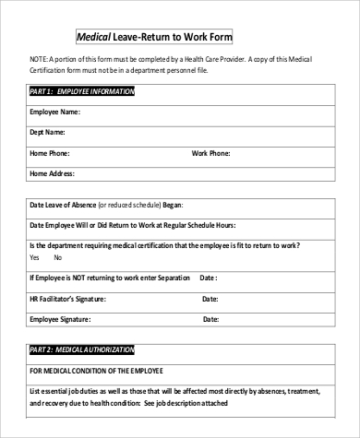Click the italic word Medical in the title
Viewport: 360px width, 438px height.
[92, 38]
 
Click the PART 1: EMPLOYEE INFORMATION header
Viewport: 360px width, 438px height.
[82, 92]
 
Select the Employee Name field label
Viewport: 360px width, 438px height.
[54, 112]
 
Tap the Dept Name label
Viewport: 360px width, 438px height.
[49, 132]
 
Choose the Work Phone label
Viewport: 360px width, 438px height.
[212, 152]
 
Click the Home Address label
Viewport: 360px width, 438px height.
[52, 172]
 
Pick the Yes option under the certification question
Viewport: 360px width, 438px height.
[35, 257]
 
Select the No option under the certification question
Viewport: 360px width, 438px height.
[58, 257]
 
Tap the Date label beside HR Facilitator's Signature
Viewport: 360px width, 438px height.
[209, 298]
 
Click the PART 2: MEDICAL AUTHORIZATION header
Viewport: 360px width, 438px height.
[82, 350]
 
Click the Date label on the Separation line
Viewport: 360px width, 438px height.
[209, 277]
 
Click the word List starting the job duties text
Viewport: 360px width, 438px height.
[36, 391]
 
